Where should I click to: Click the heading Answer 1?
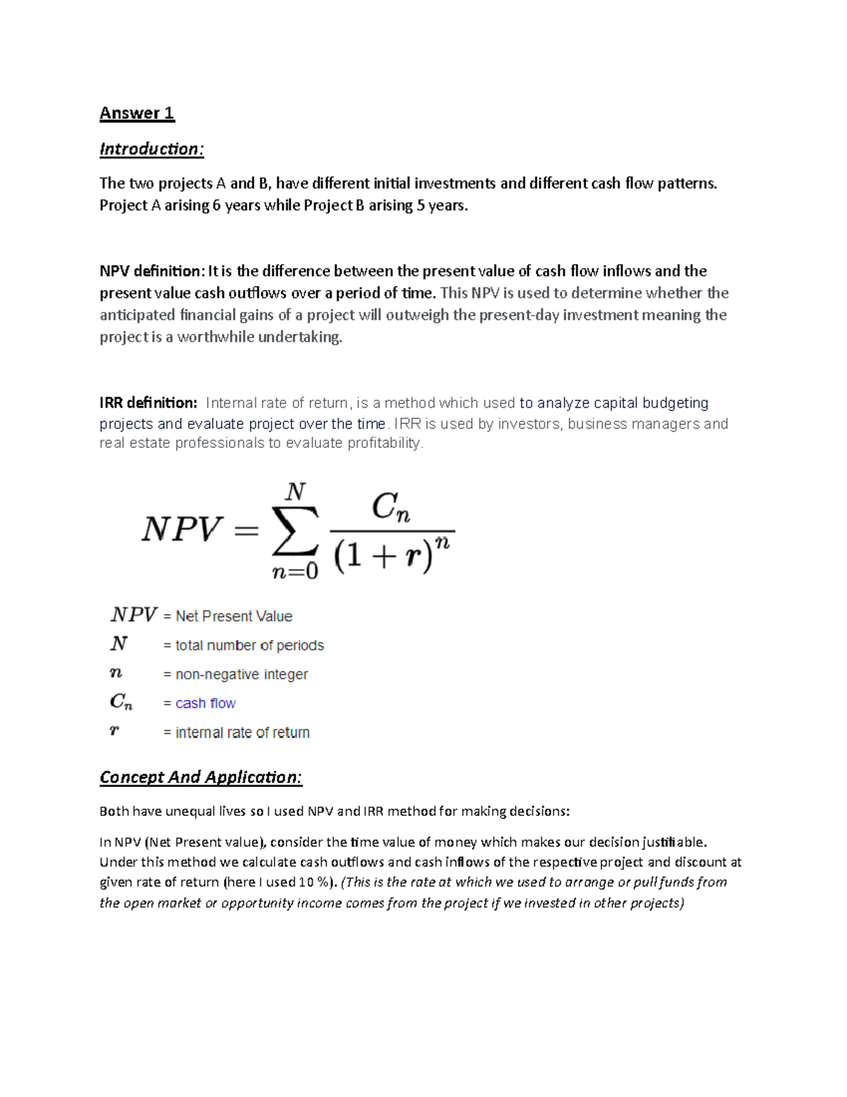coord(137,113)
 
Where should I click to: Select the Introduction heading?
coord(151,149)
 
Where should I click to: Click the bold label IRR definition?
coord(148,403)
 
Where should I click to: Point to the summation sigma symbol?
coord(295,531)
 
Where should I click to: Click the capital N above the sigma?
coord(295,492)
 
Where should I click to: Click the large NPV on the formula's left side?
coord(181,530)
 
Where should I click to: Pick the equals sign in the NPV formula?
coord(246,530)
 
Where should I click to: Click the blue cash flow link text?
coord(205,704)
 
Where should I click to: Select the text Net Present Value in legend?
coord(234,617)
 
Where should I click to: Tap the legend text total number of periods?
coord(249,646)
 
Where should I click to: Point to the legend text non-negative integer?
coord(241,675)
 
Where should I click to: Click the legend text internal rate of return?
coord(242,733)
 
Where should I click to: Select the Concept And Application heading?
coord(200,777)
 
